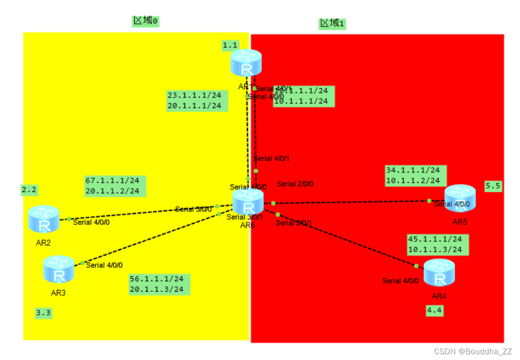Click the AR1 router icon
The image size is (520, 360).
(246, 63)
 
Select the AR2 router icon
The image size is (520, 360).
(44, 219)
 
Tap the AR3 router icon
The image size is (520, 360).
(58, 269)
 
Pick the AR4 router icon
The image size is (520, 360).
(439, 273)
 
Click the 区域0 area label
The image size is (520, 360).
(145, 21)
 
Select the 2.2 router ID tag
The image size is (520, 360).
(29, 190)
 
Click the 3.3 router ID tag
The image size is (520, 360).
(43, 313)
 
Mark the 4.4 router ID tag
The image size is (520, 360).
(435, 311)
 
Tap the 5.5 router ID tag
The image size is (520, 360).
(493, 185)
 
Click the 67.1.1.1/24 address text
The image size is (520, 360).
(112, 181)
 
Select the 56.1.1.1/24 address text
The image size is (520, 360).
(156, 279)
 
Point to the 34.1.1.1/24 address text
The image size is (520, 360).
(413, 170)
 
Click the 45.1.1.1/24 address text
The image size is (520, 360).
(435, 239)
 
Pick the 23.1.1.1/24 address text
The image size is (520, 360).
(194, 95)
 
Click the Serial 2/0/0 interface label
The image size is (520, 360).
(295, 184)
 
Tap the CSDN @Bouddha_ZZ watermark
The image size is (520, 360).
(473, 352)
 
